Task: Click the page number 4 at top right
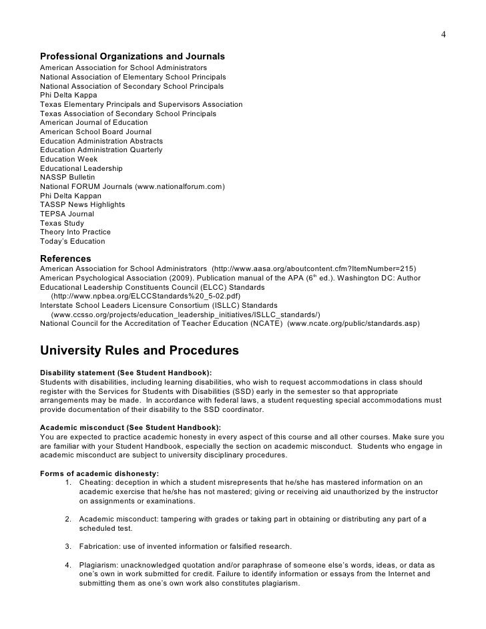pyautogui.click(x=443, y=35)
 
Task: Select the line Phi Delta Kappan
pyautogui.click(x=71, y=196)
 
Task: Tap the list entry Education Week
pyautogui.click(x=69, y=160)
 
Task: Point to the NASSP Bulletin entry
pyautogui.click(x=67, y=178)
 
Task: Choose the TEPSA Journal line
pyautogui.click(x=67, y=214)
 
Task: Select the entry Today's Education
pyautogui.click(x=72, y=241)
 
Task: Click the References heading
pyautogui.click(x=65, y=258)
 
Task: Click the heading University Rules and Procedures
pyautogui.click(x=139, y=350)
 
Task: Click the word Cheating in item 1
pyautogui.click(x=95, y=483)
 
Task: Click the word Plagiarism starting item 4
pyautogui.click(x=99, y=564)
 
